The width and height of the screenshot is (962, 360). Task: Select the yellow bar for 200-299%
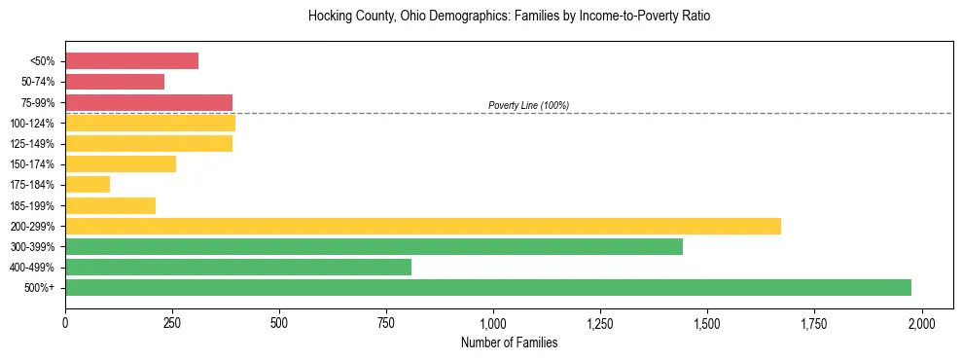[423, 226]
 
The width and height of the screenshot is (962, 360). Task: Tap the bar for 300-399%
[374, 246]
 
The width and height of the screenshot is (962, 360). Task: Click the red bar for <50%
[131, 61]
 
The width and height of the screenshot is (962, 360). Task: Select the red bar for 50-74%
[115, 82]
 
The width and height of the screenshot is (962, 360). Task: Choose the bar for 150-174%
[121, 163]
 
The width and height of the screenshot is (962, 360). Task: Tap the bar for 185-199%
[110, 205]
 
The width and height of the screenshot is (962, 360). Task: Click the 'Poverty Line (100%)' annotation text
[528, 105]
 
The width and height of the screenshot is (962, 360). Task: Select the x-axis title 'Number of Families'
[509, 342]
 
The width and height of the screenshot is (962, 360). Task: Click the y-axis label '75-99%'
[38, 103]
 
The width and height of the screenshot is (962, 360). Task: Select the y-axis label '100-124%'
[34, 124]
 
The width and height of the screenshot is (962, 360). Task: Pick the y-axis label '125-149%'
[34, 144]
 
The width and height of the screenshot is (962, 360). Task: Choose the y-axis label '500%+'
[40, 288]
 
